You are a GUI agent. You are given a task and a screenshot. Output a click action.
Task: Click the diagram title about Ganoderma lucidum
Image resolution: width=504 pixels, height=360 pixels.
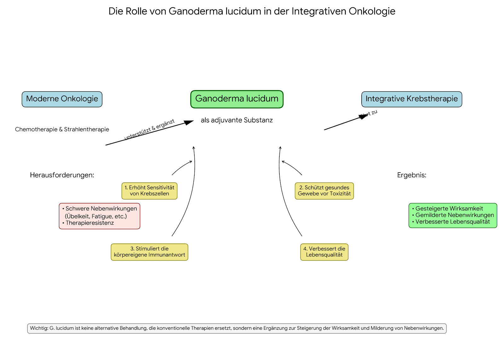tap(252, 11)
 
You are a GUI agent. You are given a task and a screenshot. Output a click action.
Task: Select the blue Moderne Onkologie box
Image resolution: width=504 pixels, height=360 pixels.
tap(62, 99)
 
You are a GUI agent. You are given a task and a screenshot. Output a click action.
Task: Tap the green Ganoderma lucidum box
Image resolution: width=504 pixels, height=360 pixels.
tap(237, 99)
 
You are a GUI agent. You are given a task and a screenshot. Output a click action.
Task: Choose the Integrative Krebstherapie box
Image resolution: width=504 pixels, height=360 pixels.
tap(411, 99)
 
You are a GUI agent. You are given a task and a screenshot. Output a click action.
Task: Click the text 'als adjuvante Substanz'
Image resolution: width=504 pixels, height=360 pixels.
tap(237, 120)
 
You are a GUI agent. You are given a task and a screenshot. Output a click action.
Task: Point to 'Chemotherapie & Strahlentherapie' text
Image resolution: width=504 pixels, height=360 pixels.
tap(62, 129)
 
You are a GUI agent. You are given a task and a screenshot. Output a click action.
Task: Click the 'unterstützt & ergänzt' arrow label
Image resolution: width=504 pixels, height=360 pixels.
tap(149, 130)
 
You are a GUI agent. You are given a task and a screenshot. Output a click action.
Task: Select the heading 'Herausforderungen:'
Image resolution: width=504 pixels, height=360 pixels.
tap(62, 175)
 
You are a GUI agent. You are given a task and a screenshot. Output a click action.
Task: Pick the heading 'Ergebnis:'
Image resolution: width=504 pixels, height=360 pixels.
tap(412, 175)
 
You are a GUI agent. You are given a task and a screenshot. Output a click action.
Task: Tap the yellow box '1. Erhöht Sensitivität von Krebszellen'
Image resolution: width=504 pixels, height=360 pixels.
tap(149, 191)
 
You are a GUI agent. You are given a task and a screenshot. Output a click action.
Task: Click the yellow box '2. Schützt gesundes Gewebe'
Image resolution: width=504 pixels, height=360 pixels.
tap(324, 191)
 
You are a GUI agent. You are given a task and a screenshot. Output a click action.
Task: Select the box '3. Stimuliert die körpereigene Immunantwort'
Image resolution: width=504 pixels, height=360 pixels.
tap(149, 252)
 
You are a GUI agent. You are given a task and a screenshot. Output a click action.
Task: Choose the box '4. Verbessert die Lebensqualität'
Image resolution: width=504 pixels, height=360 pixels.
tap(324, 252)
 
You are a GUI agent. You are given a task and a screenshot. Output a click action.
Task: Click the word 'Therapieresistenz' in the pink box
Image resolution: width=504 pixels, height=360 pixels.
tap(90, 223)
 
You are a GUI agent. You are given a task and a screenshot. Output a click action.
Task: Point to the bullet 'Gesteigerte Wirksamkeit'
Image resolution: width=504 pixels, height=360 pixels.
tap(449, 209)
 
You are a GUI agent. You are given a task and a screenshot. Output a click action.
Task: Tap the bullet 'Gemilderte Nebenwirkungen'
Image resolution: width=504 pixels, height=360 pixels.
tap(455, 215)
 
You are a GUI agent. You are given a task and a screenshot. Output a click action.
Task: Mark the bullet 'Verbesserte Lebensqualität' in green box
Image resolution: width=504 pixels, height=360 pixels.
tap(453, 222)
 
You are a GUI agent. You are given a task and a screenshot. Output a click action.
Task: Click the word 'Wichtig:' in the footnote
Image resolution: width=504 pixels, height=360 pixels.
tap(39, 328)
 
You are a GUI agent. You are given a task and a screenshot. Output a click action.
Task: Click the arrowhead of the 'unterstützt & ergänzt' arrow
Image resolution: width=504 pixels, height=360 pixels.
tap(190, 122)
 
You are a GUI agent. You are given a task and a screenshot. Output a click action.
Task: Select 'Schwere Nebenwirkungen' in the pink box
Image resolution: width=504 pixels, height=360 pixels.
tap(101, 209)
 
